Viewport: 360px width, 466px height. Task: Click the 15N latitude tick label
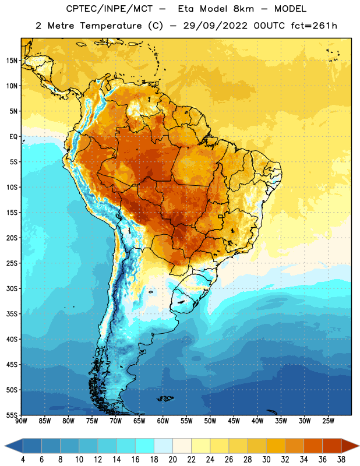point(12,61)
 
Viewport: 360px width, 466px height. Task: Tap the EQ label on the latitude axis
point(13,137)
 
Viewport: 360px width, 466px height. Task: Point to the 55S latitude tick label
point(12,415)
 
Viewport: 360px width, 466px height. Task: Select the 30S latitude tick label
point(12,288)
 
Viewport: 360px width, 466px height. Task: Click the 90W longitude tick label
point(21,421)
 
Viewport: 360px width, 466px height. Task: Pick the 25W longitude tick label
point(328,421)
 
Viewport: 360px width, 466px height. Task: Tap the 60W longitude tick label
point(163,421)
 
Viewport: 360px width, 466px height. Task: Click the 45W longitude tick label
point(234,421)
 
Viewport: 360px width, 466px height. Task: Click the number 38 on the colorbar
point(341,460)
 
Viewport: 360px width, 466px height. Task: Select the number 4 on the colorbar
point(23,460)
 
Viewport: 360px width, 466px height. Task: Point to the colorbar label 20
point(172,460)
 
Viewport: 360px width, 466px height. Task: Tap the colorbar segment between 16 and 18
point(144,446)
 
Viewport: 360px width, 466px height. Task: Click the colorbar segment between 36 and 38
point(332,446)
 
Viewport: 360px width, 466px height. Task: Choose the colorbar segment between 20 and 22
point(182,446)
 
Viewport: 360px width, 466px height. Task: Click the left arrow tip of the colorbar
point(5,446)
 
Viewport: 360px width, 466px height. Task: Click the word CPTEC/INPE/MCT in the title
point(110,9)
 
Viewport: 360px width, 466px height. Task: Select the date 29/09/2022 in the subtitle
point(215,26)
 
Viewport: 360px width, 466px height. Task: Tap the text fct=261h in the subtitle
point(314,26)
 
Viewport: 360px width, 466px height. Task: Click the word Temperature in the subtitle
point(111,26)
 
